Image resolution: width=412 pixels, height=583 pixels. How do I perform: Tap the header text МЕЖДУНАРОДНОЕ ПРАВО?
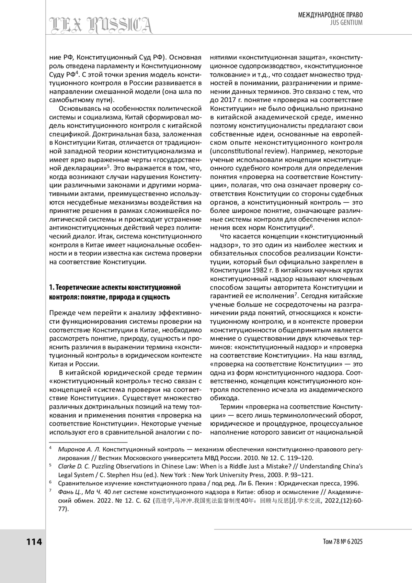tap(330, 15)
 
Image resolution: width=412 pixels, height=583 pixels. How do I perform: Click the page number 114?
tap(34, 542)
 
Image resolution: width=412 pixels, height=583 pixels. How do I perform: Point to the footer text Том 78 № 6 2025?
tap(343, 542)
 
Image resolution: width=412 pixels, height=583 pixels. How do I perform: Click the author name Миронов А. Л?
tap(79, 449)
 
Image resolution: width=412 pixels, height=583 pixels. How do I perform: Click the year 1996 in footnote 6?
tap(352, 483)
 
